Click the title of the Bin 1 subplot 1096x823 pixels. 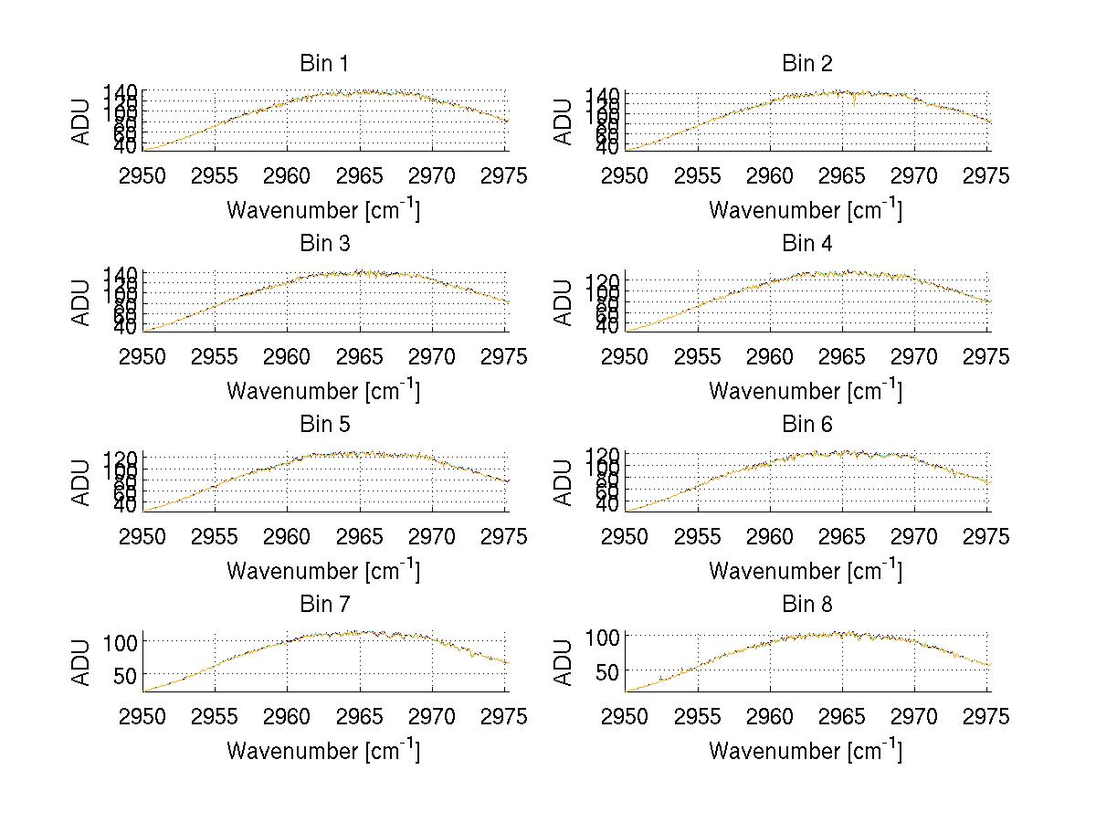click(x=324, y=64)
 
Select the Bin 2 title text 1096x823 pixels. click(x=807, y=64)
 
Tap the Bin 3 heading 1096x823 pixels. click(x=324, y=244)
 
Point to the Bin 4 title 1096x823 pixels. click(x=807, y=244)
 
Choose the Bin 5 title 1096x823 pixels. click(x=324, y=425)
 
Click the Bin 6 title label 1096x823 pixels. click(x=807, y=425)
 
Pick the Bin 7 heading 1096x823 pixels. click(x=324, y=605)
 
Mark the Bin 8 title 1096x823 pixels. click(x=807, y=605)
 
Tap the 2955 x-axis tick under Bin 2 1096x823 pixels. click(x=698, y=176)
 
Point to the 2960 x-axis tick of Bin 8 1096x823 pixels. click(x=770, y=717)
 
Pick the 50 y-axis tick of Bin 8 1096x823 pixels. click(x=610, y=671)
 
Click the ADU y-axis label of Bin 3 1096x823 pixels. click(x=82, y=301)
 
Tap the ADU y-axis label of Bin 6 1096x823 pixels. click(x=564, y=481)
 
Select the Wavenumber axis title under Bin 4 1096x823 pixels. click(x=806, y=390)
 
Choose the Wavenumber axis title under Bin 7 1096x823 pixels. click(x=323, y=751)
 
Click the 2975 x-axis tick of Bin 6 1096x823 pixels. click(x=987, y=537)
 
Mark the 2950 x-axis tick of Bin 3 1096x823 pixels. click(x=143, y=356)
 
